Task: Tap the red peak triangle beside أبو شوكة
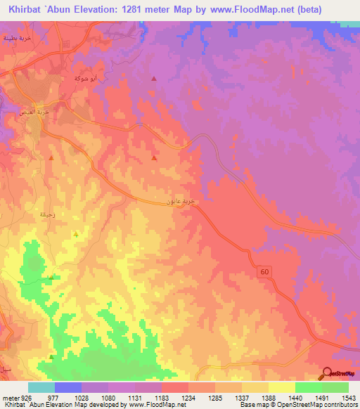point(154,79)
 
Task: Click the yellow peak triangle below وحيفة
point(75,234)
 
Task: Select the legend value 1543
point(349,397)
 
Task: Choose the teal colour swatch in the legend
point(41,387)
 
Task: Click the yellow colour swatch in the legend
point(282,387)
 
